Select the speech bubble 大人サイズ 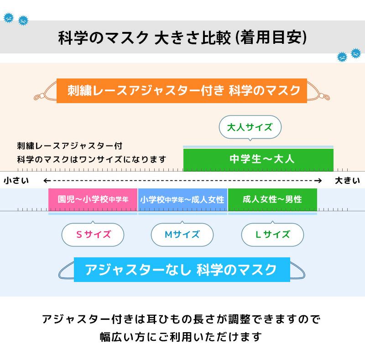click(x=250, y=127)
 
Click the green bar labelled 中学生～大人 click(x=258, y=159)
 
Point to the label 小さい click(x=16, y=181)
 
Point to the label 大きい click(x=347, y=181)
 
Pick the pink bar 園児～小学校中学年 click(x=93, y=199)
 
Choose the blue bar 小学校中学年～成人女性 click(x=182, y=199)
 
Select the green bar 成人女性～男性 click(x=272, y=199)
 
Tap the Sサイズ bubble click(x=93, y=235)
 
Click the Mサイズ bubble click(x=182, y=235)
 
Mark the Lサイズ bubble click(x=272, y=235)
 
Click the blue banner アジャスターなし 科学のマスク click(x=181, y=269)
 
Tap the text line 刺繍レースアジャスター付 click(x=69, y=146)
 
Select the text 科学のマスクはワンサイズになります click(x=91, y=159)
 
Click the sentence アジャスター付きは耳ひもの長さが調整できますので click(x=181, y=319)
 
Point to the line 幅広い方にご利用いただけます click(x=181, y=337)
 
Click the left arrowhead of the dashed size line click(x=46, y=181)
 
